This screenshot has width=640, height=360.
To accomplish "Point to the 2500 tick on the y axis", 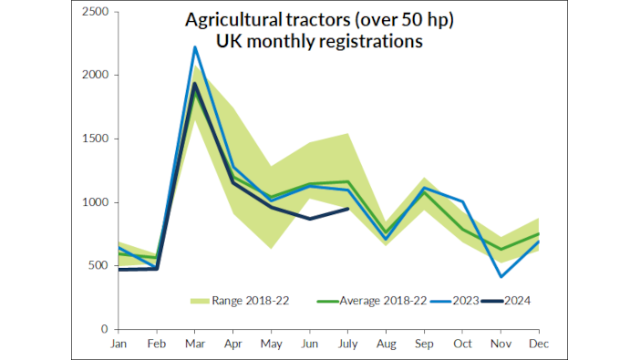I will pyautogui.click(x=95, y=12).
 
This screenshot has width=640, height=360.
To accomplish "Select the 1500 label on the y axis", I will pyautogui.click(x=95, y=139).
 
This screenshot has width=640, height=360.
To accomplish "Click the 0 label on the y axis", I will pyautogui.click(x=105, y=329).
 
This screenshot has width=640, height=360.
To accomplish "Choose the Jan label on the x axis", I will pyautogui.click(x=119, y=344).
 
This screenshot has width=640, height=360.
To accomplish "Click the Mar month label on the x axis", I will pyautogui.click(x=195, y=344).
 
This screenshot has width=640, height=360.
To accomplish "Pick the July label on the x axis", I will pyautogui.click(x=347, y=344).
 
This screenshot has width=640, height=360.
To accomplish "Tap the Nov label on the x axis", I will pyautogui.click(x=501, y=344).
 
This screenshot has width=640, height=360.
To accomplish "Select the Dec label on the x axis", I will pyautogui.click(x=539, y=344).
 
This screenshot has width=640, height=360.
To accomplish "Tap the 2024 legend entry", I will pyautogui.click(x=515, y=300).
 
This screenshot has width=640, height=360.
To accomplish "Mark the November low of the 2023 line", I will pyautogui.click(x=501, y=276).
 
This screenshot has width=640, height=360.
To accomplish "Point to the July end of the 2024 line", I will pyautogui.click(x=347, y=209).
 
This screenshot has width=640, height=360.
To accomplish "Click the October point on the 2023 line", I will pyautogui.click(x=462, y=201).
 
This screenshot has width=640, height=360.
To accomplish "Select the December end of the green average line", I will pyautogui.click(x=539, y=233).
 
